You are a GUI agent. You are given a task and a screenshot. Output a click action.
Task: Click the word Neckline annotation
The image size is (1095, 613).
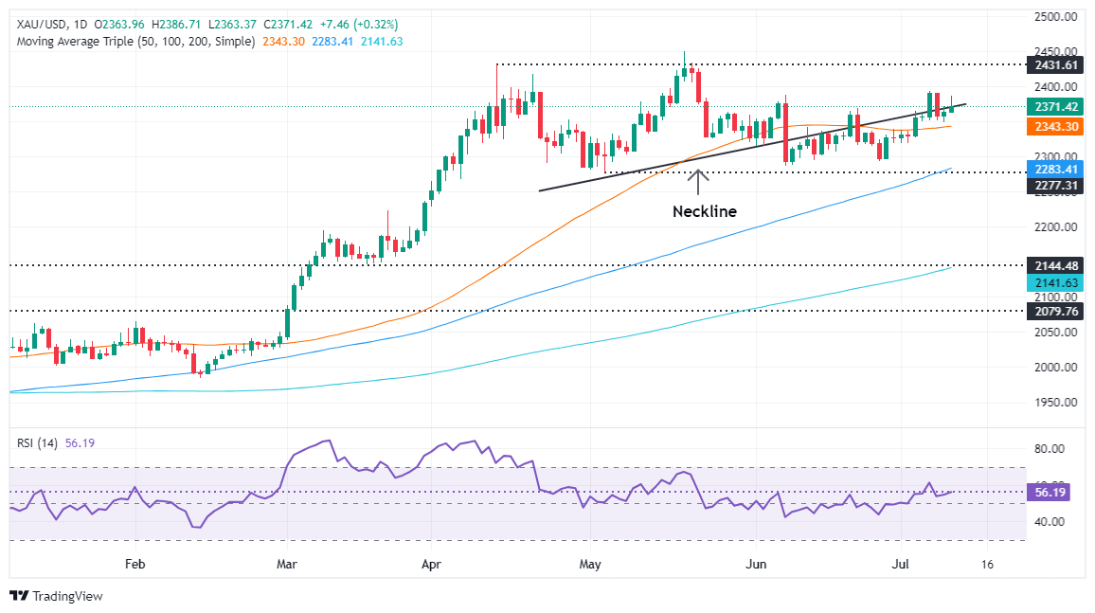(705, 211)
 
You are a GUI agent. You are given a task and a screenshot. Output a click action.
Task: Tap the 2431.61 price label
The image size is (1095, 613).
(1053, 64)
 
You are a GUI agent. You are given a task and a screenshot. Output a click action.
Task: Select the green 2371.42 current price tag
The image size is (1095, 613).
(1053, 108)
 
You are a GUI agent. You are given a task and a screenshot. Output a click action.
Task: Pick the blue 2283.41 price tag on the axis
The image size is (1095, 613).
(1053, 170)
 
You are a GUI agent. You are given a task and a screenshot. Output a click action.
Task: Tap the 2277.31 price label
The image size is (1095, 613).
(1053, 186)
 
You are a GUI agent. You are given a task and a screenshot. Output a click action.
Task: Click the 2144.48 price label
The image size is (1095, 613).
(1053, 266)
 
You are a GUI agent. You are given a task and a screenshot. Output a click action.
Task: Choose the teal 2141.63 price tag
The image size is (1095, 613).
(1053, 282)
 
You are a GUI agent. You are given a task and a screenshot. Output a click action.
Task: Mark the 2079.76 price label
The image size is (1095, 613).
(1053, 311)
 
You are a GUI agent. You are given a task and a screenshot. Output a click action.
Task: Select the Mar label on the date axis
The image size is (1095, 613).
(286, 564)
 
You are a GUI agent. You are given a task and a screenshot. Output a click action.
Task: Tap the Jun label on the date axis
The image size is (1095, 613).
(755, 564)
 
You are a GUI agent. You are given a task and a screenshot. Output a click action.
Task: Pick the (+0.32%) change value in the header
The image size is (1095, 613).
(374, 24)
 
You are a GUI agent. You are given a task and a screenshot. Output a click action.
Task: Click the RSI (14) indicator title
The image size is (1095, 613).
(37, 441)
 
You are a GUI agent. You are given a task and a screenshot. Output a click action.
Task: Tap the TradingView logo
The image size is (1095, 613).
(57, 596)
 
